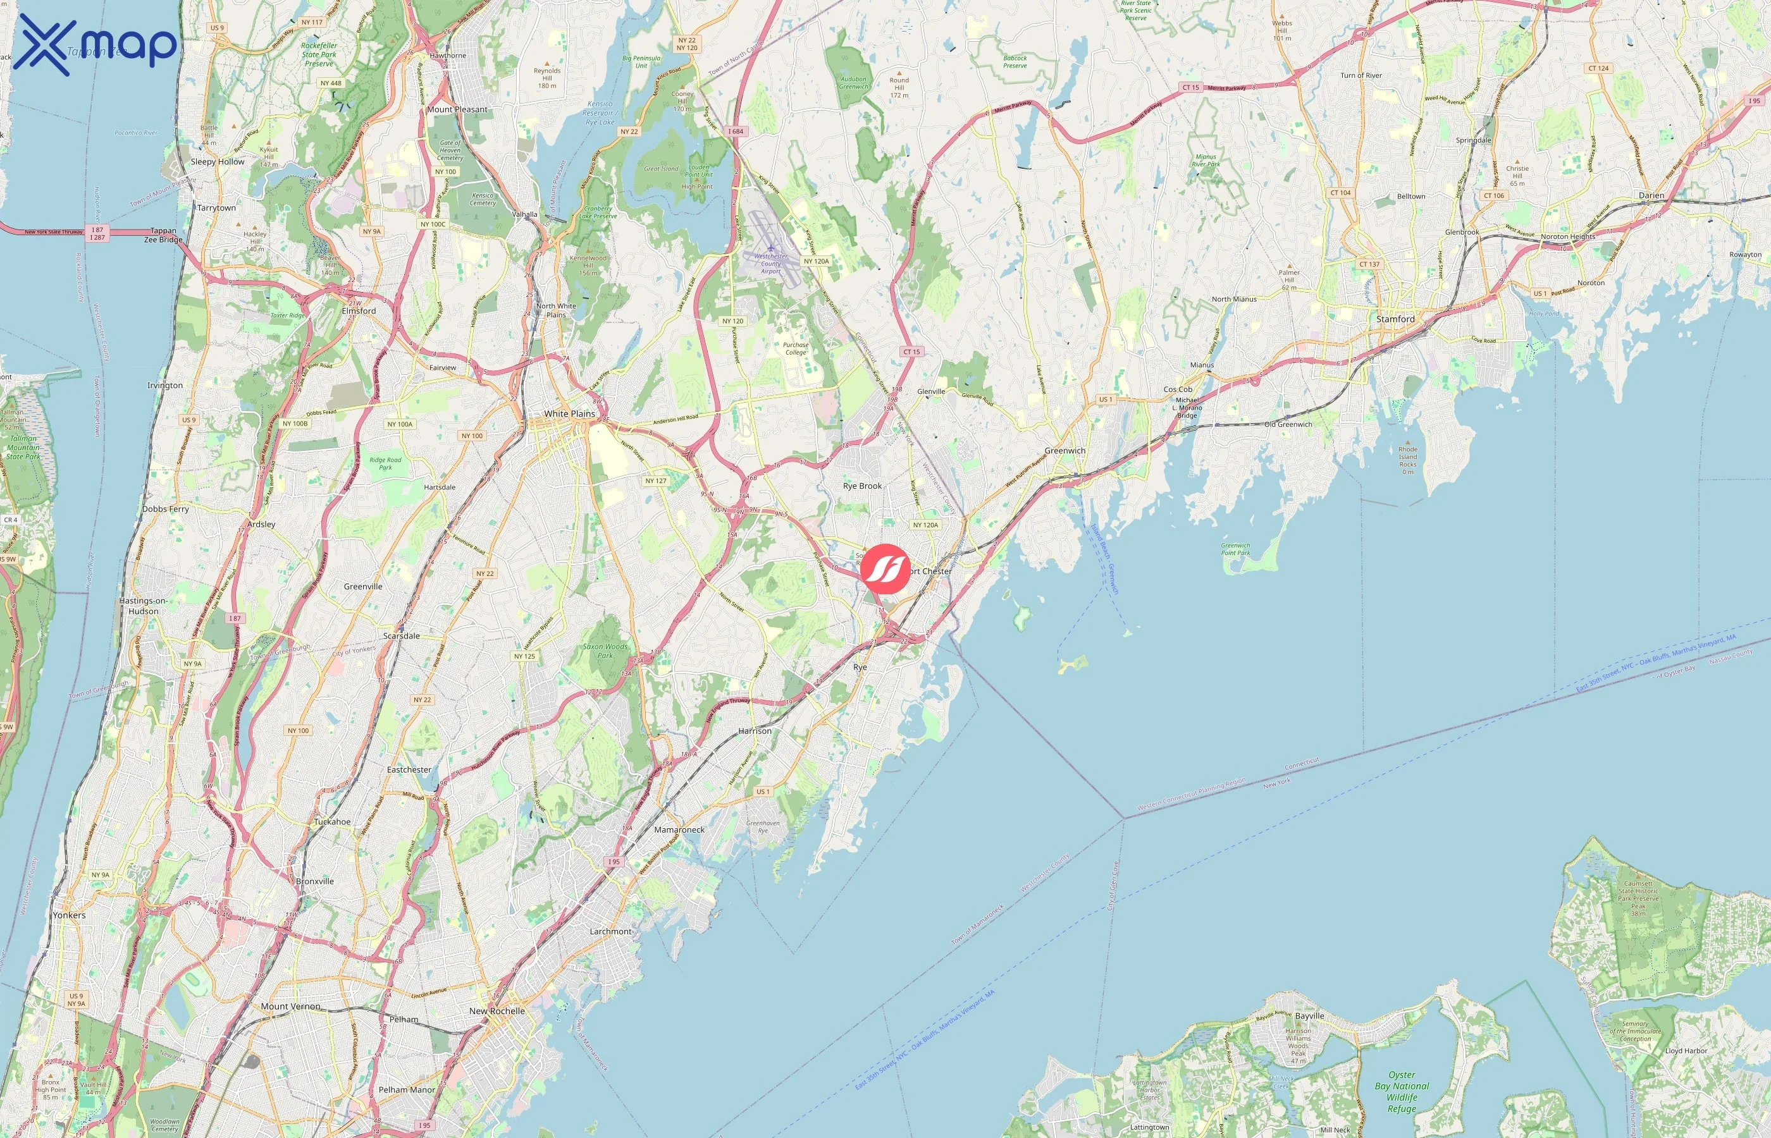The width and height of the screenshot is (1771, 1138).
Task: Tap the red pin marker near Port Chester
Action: click(886, 568)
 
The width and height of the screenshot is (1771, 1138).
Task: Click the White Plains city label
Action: click(569, 414)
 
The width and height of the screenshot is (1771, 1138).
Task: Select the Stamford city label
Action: click(1395, 319)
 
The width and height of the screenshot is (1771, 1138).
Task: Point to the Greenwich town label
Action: click(1064, 451)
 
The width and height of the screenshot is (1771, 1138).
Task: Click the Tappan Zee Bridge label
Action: click(163, 235)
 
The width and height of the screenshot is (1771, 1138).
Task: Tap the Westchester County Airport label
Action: click(770, 264)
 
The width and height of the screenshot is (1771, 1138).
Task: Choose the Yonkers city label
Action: click(69, 915)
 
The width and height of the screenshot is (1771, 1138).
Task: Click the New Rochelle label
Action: click(497, 1011)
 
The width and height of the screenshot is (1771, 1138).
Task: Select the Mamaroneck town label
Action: click(679, 830)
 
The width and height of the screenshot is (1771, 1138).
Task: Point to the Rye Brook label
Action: click(862, 486)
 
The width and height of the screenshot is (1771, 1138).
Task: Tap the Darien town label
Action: click(1651, 196)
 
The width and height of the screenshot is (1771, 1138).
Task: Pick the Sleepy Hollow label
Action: click(218, 162)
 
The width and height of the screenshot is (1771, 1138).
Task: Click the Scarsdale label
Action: click(402, 635)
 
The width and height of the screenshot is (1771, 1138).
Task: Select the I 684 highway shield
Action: click(736, 132)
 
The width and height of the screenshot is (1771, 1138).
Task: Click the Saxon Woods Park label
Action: click(605, 651)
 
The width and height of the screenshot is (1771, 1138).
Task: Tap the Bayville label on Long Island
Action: click(1309, 1016)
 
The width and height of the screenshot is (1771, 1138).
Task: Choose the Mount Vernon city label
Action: click(290, 1006)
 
